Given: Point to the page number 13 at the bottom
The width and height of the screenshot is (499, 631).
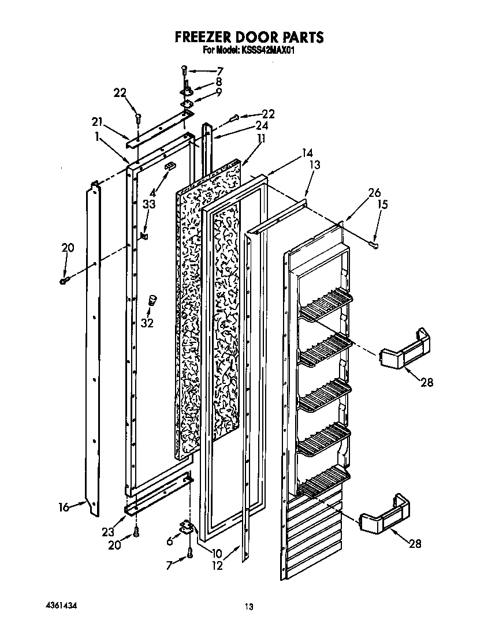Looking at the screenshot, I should click(x=248, y=606).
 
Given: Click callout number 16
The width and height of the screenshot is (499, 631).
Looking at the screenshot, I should click(x=64, y=507).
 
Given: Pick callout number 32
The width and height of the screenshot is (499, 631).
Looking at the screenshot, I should click(x=147, y=323).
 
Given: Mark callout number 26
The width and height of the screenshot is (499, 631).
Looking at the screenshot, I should click(x=374, y=193).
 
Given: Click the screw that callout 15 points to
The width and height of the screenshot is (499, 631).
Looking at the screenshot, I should click(x=374, y=245).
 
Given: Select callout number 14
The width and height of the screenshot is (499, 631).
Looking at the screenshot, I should click(x=307, y=154).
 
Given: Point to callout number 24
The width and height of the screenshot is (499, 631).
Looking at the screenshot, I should click(x=262, y=125).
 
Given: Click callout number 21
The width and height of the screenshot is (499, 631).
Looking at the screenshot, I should click(x=96, y=121).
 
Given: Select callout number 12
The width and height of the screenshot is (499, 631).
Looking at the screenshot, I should click(x=217, y=566).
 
